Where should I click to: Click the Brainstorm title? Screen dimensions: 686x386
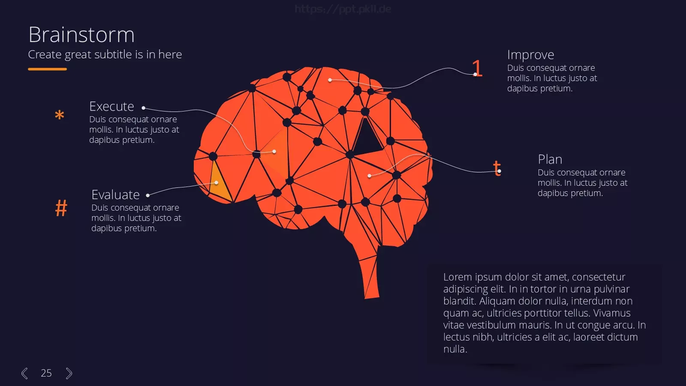(81, 35)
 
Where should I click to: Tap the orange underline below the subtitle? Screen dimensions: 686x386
(47, 69)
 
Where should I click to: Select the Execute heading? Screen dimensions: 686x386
(111, 107)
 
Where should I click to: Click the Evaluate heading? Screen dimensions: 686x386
(115, 195)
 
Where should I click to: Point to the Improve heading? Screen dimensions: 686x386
(530, 55)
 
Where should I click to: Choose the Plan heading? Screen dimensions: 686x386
(550, 160)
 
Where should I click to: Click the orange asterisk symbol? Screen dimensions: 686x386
(60, 115)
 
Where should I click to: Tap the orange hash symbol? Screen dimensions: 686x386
(61, 208)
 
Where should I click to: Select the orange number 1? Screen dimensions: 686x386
(477, 68)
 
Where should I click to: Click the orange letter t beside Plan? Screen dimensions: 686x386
(497, 168)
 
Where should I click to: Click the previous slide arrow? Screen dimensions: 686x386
(24, 373)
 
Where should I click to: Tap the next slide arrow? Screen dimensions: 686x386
(69, 373)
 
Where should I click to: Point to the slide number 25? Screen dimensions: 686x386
(46, 373)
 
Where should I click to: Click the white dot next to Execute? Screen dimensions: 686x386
(143, 108)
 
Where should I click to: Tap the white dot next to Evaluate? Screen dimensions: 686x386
(148, 195)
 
